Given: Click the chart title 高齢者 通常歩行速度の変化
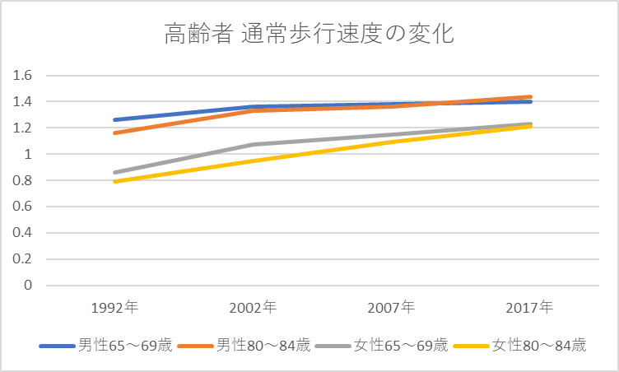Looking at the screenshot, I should (309, 35).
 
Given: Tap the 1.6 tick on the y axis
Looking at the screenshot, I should (21, 76).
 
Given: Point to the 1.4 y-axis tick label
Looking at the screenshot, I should (21, 102).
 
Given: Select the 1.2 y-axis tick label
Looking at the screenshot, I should (21, 128).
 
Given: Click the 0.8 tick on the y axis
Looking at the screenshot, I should (21, 180).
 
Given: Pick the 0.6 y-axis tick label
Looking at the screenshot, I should (21, 207).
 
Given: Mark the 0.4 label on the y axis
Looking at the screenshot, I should (21, 233).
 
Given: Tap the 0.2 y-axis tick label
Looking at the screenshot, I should (21, 259).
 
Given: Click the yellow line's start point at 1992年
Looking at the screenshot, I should (114, 181).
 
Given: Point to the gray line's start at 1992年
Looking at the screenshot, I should (114, 173).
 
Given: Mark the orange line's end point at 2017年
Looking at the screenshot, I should (531, 97).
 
